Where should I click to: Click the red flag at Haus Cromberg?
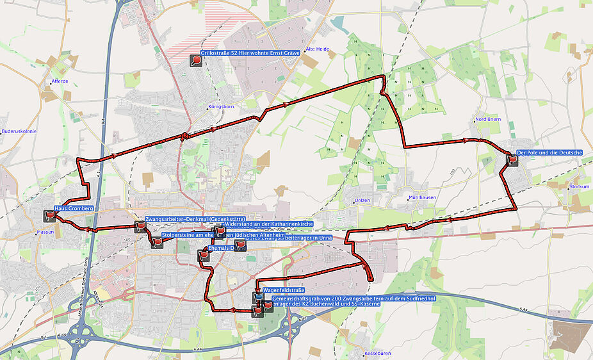(x=50, y=215)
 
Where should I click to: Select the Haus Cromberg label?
(x=74, y=209)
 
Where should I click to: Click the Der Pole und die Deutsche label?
(x=549, y=152)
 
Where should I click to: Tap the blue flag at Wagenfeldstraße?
(x=257, y=297)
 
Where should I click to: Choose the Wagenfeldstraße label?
(x=285, y=290)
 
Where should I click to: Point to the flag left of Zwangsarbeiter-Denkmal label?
(x=140, y=225)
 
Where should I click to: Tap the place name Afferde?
(x=60, y=81)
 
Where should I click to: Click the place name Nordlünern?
(x=488, y=120)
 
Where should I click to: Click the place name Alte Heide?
(x=318, y=49)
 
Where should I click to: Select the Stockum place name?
(x=579, y=187)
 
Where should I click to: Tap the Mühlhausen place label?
(x=423, y=197)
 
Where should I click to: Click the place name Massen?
(x=45, y=232)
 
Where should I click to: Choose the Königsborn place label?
(x=218, y=107)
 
